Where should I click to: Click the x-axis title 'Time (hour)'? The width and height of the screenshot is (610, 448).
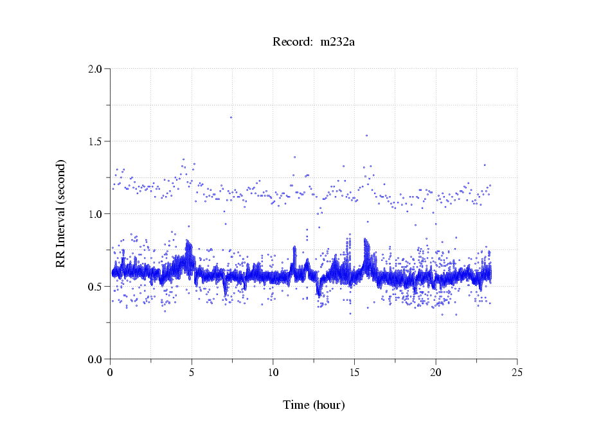click(314, 405)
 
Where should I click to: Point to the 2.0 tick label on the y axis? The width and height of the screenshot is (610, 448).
click(95, 69)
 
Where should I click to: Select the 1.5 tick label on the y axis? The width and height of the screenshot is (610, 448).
click(95, 141)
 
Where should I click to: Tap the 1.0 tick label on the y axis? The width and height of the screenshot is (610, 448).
click(95, 214)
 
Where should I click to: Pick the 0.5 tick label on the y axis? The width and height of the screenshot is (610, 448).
click(95, 287)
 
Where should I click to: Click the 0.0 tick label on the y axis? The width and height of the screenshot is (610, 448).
click(95, 359)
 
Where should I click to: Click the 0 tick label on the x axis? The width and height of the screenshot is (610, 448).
click(111, 372)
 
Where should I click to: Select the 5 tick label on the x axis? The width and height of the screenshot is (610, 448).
click(192, 372)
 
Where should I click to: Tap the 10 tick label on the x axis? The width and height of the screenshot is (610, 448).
click(273, 372)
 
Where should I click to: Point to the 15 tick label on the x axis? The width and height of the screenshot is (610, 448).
click(354, 372)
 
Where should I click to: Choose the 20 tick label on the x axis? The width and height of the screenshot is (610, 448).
click(436, 372)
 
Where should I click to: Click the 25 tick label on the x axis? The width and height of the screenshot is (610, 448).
click(517, 372)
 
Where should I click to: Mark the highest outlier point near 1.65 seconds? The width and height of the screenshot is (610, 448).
click(231, 117)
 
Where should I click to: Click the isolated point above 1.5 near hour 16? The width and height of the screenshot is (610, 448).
click(366, 136)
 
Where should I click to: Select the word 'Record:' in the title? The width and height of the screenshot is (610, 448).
click(292, 42)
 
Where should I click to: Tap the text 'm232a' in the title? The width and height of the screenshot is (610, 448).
click(337, 42)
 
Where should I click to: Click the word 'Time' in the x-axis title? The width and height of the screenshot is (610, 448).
click(296, 405)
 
